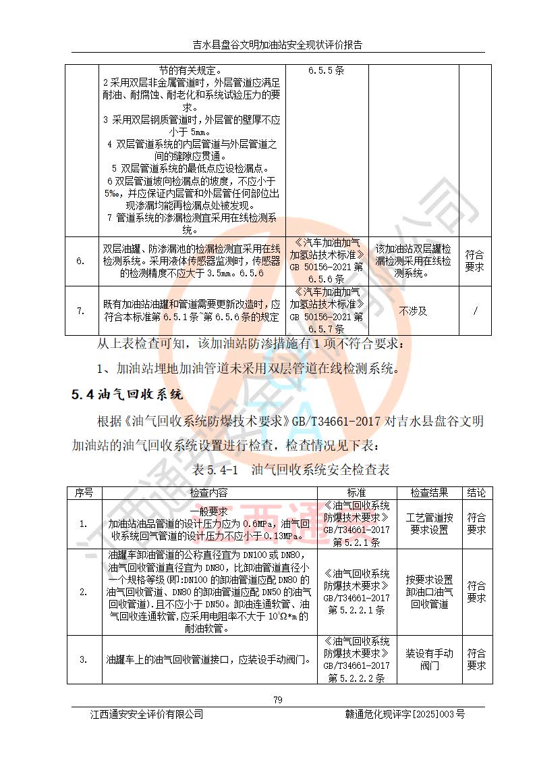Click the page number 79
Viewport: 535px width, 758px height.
277,699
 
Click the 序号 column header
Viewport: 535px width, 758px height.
84,492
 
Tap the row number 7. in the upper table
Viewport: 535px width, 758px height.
81,311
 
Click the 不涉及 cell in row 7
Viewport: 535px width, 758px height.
413,311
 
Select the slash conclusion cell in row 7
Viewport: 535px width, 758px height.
476,311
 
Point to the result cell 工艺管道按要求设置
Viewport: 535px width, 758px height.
428,524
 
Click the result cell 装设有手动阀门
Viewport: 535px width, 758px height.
428,659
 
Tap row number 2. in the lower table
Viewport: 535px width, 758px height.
84,592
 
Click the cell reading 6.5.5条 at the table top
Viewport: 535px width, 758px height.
327,70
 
